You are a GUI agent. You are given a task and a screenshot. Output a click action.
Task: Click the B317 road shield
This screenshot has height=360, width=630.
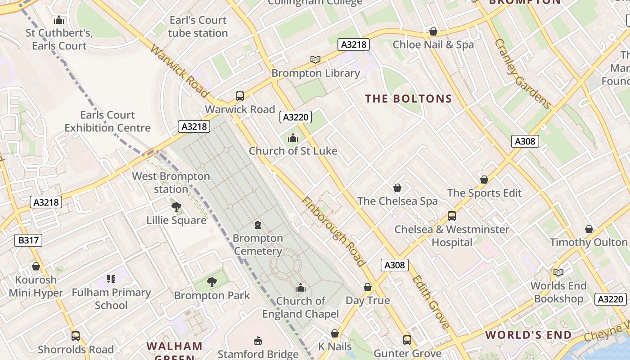click(28, 240)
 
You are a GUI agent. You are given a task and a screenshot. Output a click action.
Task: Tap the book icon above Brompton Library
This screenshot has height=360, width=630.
click(315, 59)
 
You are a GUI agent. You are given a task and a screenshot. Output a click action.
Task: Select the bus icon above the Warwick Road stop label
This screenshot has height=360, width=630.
click(240, 96)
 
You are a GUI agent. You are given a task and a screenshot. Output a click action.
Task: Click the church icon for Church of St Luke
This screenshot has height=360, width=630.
click(293, 138)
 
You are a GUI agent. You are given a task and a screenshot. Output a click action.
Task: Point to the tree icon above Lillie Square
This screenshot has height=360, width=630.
click(176, 207)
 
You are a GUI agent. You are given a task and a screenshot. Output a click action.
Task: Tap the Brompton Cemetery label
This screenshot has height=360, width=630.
click(258, 244)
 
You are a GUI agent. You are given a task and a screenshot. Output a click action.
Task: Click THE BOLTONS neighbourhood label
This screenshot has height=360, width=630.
click(408, 99)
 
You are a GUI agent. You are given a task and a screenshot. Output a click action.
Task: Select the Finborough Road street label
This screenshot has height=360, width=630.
click(333, 231)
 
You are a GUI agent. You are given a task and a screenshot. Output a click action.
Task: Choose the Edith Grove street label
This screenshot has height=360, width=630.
click(430, 302)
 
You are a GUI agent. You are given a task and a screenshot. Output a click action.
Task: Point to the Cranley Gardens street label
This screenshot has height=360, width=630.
click(522, 74)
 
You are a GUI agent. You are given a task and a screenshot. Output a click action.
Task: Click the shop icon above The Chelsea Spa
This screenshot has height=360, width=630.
click(397, 188)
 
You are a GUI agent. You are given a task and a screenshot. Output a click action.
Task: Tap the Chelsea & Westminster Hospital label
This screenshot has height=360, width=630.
click(452, 236)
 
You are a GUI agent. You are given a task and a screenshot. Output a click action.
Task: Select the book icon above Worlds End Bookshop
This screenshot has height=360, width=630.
click(558, 272)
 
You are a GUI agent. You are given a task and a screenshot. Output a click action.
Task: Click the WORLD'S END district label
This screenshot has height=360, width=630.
click(528, 335)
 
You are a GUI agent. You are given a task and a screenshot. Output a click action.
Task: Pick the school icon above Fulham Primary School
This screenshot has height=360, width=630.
click(111, 279)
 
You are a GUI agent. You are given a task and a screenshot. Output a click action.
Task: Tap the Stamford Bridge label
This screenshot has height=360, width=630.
click(258, 354)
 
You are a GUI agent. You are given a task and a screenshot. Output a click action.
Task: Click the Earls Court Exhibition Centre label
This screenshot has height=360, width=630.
click(108, 121)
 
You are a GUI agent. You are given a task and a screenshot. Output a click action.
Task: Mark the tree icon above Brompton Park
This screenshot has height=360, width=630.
click(211, 282)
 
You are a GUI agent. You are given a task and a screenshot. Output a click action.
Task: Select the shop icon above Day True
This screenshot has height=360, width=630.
click(368, 287)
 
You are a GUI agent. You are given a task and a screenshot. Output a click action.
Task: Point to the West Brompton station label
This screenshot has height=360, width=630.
click(171, 183)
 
